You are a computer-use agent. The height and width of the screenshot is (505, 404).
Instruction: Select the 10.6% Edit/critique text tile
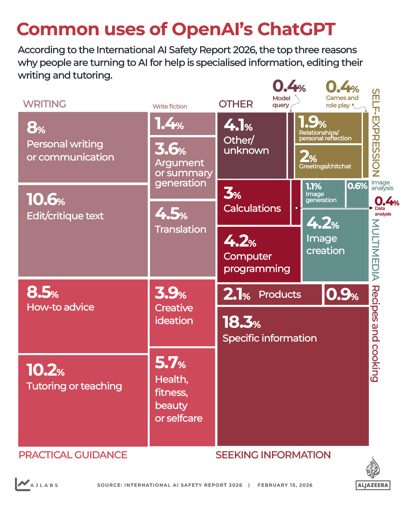point(83,230)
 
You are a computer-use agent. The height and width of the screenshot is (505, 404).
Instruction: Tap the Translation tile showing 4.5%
point(183,239)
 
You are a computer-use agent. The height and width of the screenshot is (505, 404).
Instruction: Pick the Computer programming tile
point(258,254)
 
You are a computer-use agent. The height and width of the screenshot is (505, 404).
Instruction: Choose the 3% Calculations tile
point(253,202)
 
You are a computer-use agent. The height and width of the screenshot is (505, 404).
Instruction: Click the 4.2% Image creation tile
point(335,245)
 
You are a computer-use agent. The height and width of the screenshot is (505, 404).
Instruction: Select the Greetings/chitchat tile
point(328,161)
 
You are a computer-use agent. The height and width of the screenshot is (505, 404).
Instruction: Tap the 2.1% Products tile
point(269,295)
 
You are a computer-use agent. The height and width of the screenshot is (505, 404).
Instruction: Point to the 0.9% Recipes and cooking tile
point(346,295)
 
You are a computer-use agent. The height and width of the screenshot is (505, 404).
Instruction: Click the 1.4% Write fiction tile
point(183,124)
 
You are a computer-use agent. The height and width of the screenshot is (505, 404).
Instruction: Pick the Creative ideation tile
point(182,313)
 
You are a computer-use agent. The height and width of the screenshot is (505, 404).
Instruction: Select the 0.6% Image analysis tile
point(357,193)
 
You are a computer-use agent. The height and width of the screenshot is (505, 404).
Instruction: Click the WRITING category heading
point(45,104)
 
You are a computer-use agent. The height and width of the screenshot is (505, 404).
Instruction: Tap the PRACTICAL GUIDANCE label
point(73,455)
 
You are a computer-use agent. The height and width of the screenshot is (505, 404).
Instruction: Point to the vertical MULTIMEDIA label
point(376,250)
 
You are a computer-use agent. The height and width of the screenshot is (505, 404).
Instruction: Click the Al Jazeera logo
point(373,474)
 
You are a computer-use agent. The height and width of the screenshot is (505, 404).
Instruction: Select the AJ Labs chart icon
point(22,484)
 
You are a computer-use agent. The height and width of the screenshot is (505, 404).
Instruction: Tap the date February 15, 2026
point(285,485)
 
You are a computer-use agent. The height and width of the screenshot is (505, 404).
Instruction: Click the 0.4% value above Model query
point(289,86)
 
